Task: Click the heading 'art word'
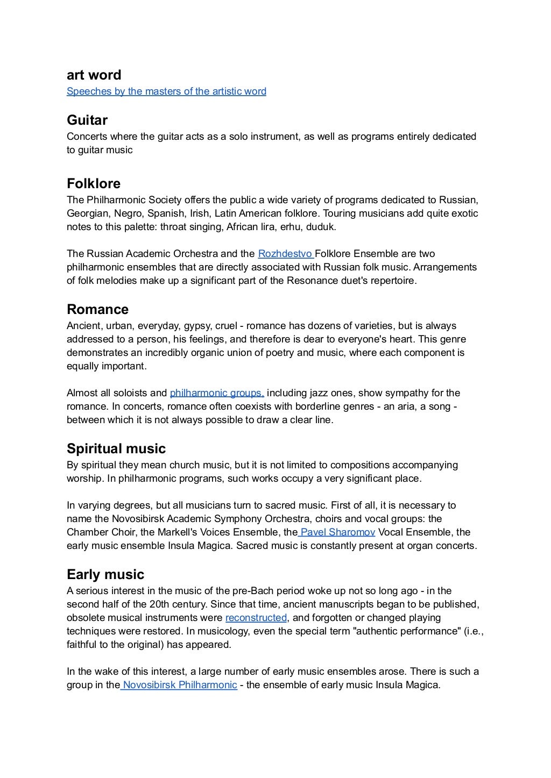click(x=94, y=75)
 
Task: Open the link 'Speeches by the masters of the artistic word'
click(x=166, y=91)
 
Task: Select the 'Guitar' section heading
click(x=87, y=120)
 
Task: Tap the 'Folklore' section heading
click(x=93, y=183)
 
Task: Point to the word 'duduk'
click(x=321, y=227)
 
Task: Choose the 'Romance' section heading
click(x=97, y=309)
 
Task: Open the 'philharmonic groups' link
click(x=216, y=393)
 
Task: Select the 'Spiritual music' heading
click(x=116, y=448)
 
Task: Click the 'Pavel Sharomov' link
click(x=337, y=532)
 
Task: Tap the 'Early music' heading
click(x=105, y=574)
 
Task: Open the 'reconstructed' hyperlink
click(x=256, y=618)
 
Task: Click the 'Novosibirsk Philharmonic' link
click(x=180, y=685)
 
